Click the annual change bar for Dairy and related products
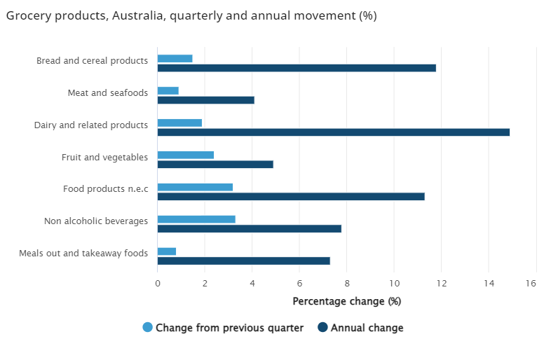tap(333, 132)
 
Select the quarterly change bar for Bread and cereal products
tap(175, 59)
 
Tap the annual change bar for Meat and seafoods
tap(205, 100)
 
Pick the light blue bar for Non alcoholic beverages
tap(196, 219)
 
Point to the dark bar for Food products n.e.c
tap(291, 196)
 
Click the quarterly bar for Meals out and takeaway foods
tap(167, 251)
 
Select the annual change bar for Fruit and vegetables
tap(215, 165)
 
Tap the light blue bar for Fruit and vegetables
tap(186, 155)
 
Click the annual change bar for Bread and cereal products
tap(297, 68)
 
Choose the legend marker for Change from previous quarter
tap(147, 327)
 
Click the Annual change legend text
tap(367, 328)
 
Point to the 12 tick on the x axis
tap(442, 283)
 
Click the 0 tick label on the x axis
tap(157, 283)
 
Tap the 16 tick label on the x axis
tap(531, 283)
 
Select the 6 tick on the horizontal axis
tap(299, 283)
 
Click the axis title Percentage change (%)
tap(346, 301)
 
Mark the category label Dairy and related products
tap(91, 125)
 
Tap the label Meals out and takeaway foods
tap(83, 253)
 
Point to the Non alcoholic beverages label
tap(96, 221)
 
